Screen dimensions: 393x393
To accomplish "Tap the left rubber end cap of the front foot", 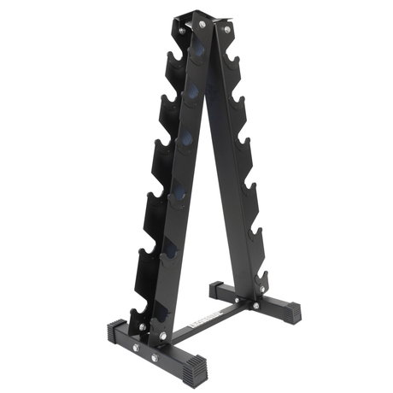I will point(116,331).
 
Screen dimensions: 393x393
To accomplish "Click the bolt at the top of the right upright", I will point(226,30).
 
